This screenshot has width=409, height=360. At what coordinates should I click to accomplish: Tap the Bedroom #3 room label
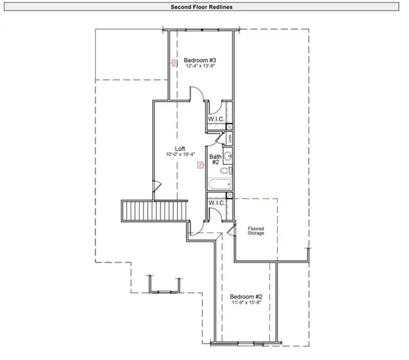click(x=200, y=60)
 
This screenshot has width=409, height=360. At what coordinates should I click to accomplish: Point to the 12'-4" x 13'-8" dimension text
click(x=200, y=67)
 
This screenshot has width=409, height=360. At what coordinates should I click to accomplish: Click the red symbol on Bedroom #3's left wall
click(x=174, y=64)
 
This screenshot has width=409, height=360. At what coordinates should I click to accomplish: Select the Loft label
click(x=180, y=148)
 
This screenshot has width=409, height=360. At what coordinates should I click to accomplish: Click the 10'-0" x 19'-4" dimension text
click(x=180, y=154)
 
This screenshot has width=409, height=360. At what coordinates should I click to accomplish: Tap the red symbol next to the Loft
click(x=199, y=165)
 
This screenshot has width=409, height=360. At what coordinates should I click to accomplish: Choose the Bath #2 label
click(x=215, y=159)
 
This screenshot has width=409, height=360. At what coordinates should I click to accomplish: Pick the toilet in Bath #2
click(x=228, y=170)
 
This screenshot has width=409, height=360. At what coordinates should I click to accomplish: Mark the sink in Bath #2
click(x=229, y=156)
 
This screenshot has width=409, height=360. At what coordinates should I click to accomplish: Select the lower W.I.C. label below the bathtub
click(x=217, y=202)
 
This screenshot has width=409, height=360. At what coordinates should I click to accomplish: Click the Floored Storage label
click(x=256, y=231)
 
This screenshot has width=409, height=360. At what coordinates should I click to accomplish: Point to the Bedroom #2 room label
click(x=245, y=296)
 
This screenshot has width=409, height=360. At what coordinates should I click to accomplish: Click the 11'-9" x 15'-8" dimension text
click(x=245, y=303)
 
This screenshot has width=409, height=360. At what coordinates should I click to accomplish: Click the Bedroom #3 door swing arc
click(x=194, y=94)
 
